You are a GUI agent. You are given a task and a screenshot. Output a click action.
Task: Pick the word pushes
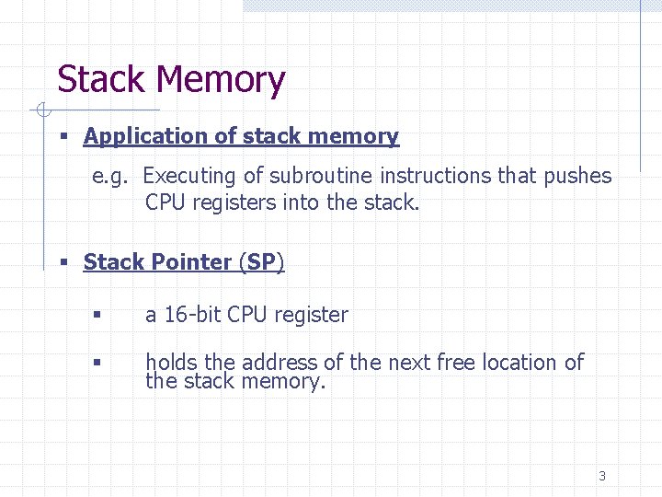(577, 176)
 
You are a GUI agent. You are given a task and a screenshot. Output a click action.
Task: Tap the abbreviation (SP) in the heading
(261, 262)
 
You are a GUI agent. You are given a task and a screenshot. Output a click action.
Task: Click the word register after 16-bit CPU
(311, 315)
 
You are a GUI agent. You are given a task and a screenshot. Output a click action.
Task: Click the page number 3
(602, 476)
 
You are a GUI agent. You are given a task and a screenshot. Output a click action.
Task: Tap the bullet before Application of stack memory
(64, 137)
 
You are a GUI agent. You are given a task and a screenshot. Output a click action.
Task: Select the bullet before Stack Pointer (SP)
(64, 263)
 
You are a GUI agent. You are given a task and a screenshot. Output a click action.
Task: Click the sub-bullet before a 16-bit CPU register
(95, 316)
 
